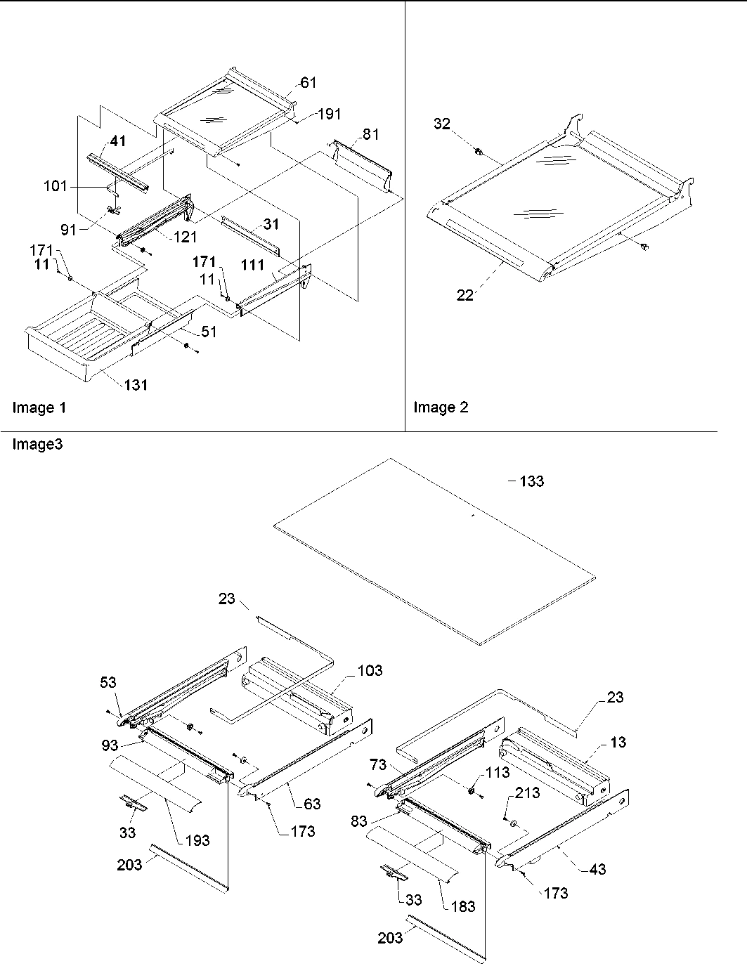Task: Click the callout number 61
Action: point(308,83)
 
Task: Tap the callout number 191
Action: point(329,115)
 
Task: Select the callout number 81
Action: point(372,134)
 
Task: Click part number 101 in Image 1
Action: point(55,186)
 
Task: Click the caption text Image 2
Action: point(441,407)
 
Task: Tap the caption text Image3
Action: point(37,444)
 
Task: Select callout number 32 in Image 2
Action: point(461,124)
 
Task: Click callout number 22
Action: point(465,296)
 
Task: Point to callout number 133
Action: point(531,482)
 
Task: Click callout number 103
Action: point(369,670)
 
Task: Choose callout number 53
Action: point(108,683)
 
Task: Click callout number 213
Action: point(527,793)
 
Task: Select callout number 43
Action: point(597,869)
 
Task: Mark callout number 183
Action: point(463,906)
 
